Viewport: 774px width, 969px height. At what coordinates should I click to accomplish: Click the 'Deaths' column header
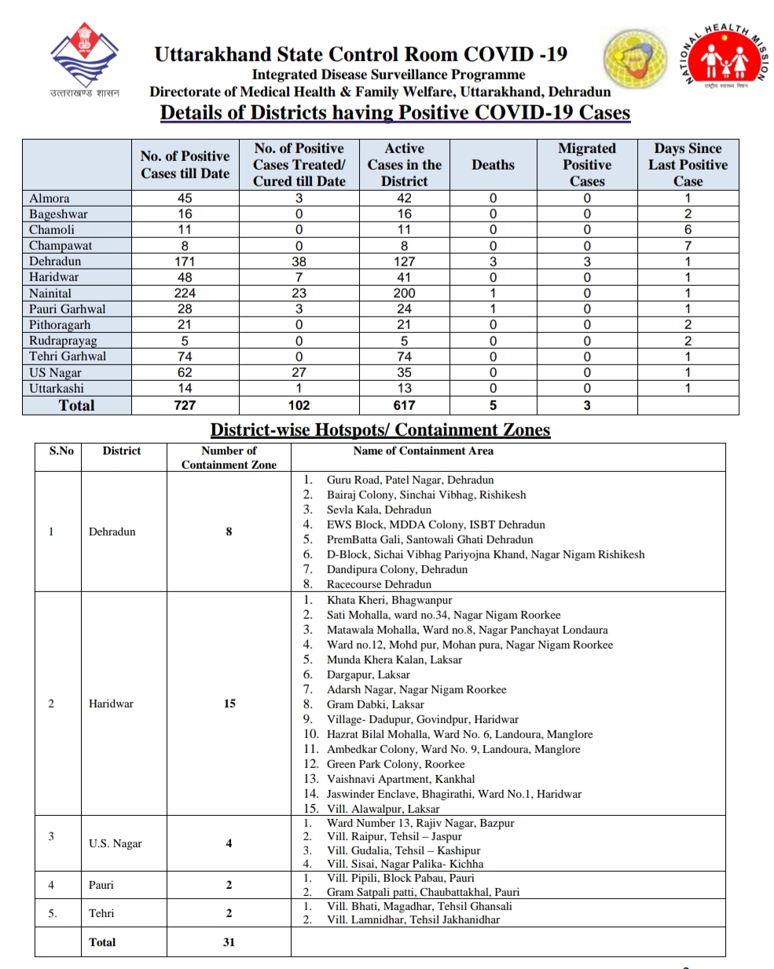(493, 165)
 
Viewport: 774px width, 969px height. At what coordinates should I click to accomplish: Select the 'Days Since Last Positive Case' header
(688, 165)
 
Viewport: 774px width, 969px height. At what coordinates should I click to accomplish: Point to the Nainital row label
(50, 293)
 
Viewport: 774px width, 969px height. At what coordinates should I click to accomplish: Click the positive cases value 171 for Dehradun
(185, 261)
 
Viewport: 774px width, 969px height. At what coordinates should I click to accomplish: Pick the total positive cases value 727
(185, 405)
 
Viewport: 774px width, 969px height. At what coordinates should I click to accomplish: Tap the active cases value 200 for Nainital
(404, 293)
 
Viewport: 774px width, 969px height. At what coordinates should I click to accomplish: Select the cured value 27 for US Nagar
(299, 372)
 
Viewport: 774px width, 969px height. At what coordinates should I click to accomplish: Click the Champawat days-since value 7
(688, 246)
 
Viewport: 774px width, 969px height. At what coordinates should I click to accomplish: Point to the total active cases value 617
(404, 405)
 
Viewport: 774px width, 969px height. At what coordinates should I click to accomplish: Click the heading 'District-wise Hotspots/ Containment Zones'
(380, 430)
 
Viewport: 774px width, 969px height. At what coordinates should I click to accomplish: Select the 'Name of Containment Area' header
(424, 451)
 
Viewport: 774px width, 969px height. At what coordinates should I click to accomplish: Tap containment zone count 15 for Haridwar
(229, 704)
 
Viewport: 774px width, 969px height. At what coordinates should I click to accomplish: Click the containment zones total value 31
(229, 942)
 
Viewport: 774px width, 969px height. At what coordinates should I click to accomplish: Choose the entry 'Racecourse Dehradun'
(379, 584)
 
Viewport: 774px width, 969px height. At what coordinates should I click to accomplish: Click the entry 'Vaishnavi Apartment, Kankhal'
(401, 779)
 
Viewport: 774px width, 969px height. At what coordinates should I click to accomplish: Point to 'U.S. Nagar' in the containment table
(115, 843)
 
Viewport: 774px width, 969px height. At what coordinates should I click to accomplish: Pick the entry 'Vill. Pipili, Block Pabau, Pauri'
(400, 878)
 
